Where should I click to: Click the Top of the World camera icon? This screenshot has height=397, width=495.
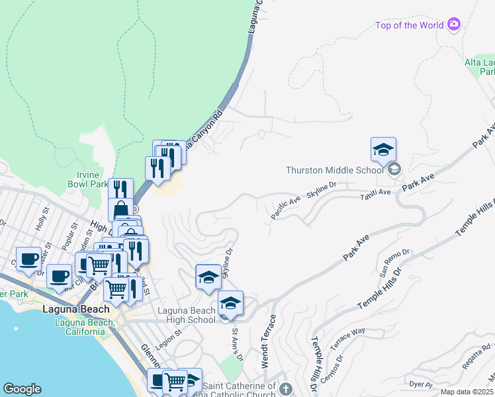point(453,25)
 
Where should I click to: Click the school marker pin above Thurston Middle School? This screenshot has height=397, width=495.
point(383,152)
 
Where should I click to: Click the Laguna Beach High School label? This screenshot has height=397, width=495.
point(186,315)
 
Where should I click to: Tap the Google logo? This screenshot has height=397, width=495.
point(22,389)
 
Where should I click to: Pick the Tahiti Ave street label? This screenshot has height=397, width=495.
point(375,197)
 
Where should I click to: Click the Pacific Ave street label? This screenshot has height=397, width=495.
point(285,208)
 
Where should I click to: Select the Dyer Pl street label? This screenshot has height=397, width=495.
point(420,384)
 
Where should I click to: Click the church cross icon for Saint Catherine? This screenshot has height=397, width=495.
point(285,388)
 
